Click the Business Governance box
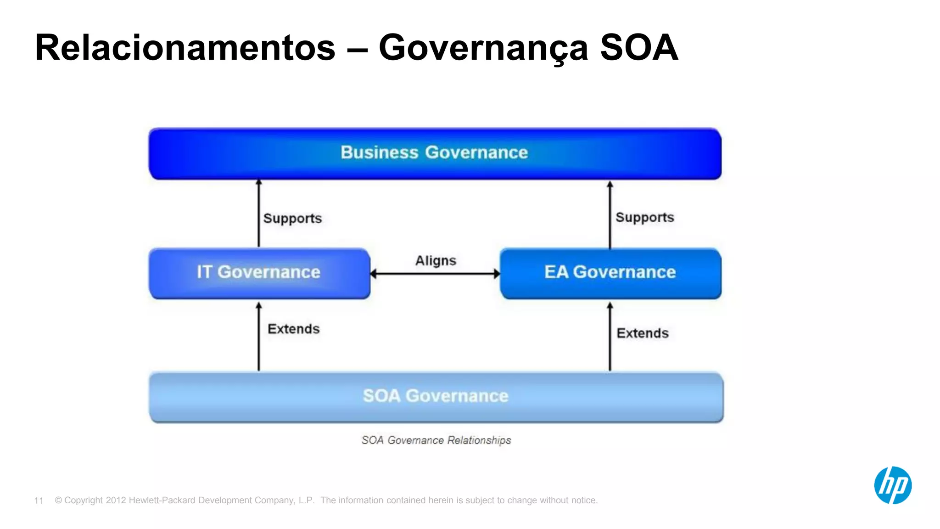435,153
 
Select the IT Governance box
259,273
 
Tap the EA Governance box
610,273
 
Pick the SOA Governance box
436,396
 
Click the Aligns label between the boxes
436,261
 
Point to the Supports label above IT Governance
292,219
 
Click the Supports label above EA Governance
644,218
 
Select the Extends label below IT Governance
293,329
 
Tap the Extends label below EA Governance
642,333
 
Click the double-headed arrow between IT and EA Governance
435,274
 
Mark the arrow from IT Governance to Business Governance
259,214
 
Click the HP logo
892,485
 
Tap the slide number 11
39,501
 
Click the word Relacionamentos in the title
185,48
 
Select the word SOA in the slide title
638,48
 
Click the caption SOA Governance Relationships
436,440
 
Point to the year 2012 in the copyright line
116,501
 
